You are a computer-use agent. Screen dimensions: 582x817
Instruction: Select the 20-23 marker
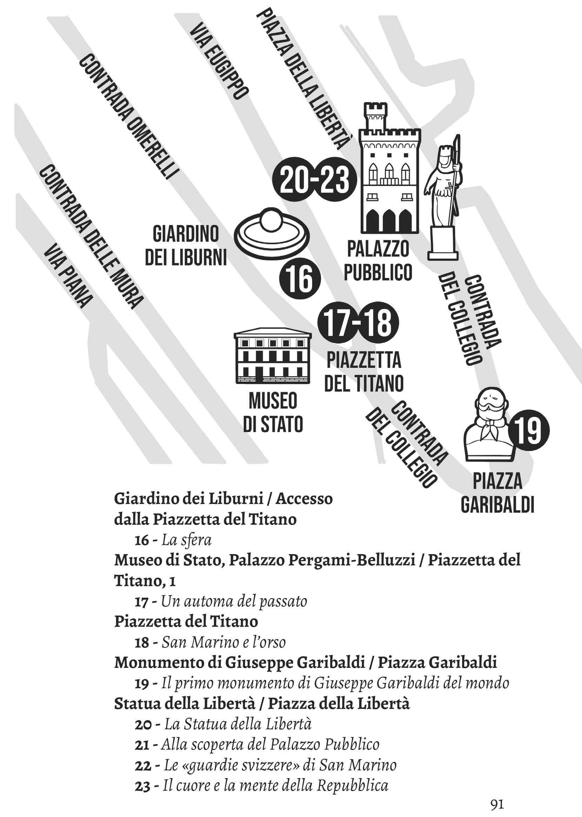314,179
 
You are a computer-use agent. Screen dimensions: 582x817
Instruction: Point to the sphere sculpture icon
272,232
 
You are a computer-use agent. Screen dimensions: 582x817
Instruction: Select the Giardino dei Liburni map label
186,246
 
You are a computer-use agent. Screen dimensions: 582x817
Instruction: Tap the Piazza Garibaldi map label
497,493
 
